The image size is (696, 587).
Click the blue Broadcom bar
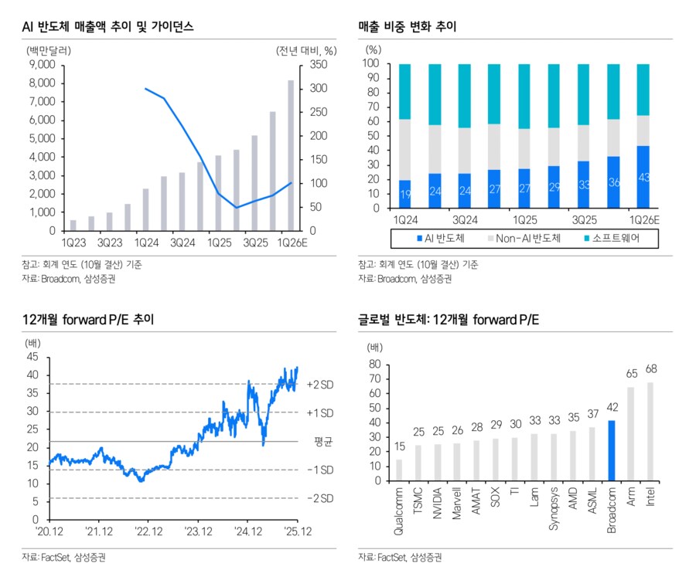611,450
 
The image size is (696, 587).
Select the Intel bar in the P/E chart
650,431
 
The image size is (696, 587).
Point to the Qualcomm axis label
399,511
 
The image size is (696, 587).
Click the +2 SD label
319,385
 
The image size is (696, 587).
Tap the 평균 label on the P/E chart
322,441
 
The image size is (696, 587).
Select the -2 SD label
319,498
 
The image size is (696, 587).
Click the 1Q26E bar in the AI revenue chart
290,155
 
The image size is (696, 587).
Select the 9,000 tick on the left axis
41,65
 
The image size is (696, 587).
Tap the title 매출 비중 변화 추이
408,27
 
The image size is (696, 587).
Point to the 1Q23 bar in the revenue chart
73,225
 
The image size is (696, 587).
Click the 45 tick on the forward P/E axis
32,357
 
